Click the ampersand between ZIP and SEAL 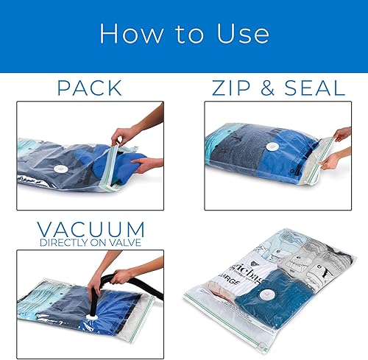pos(273,89)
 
